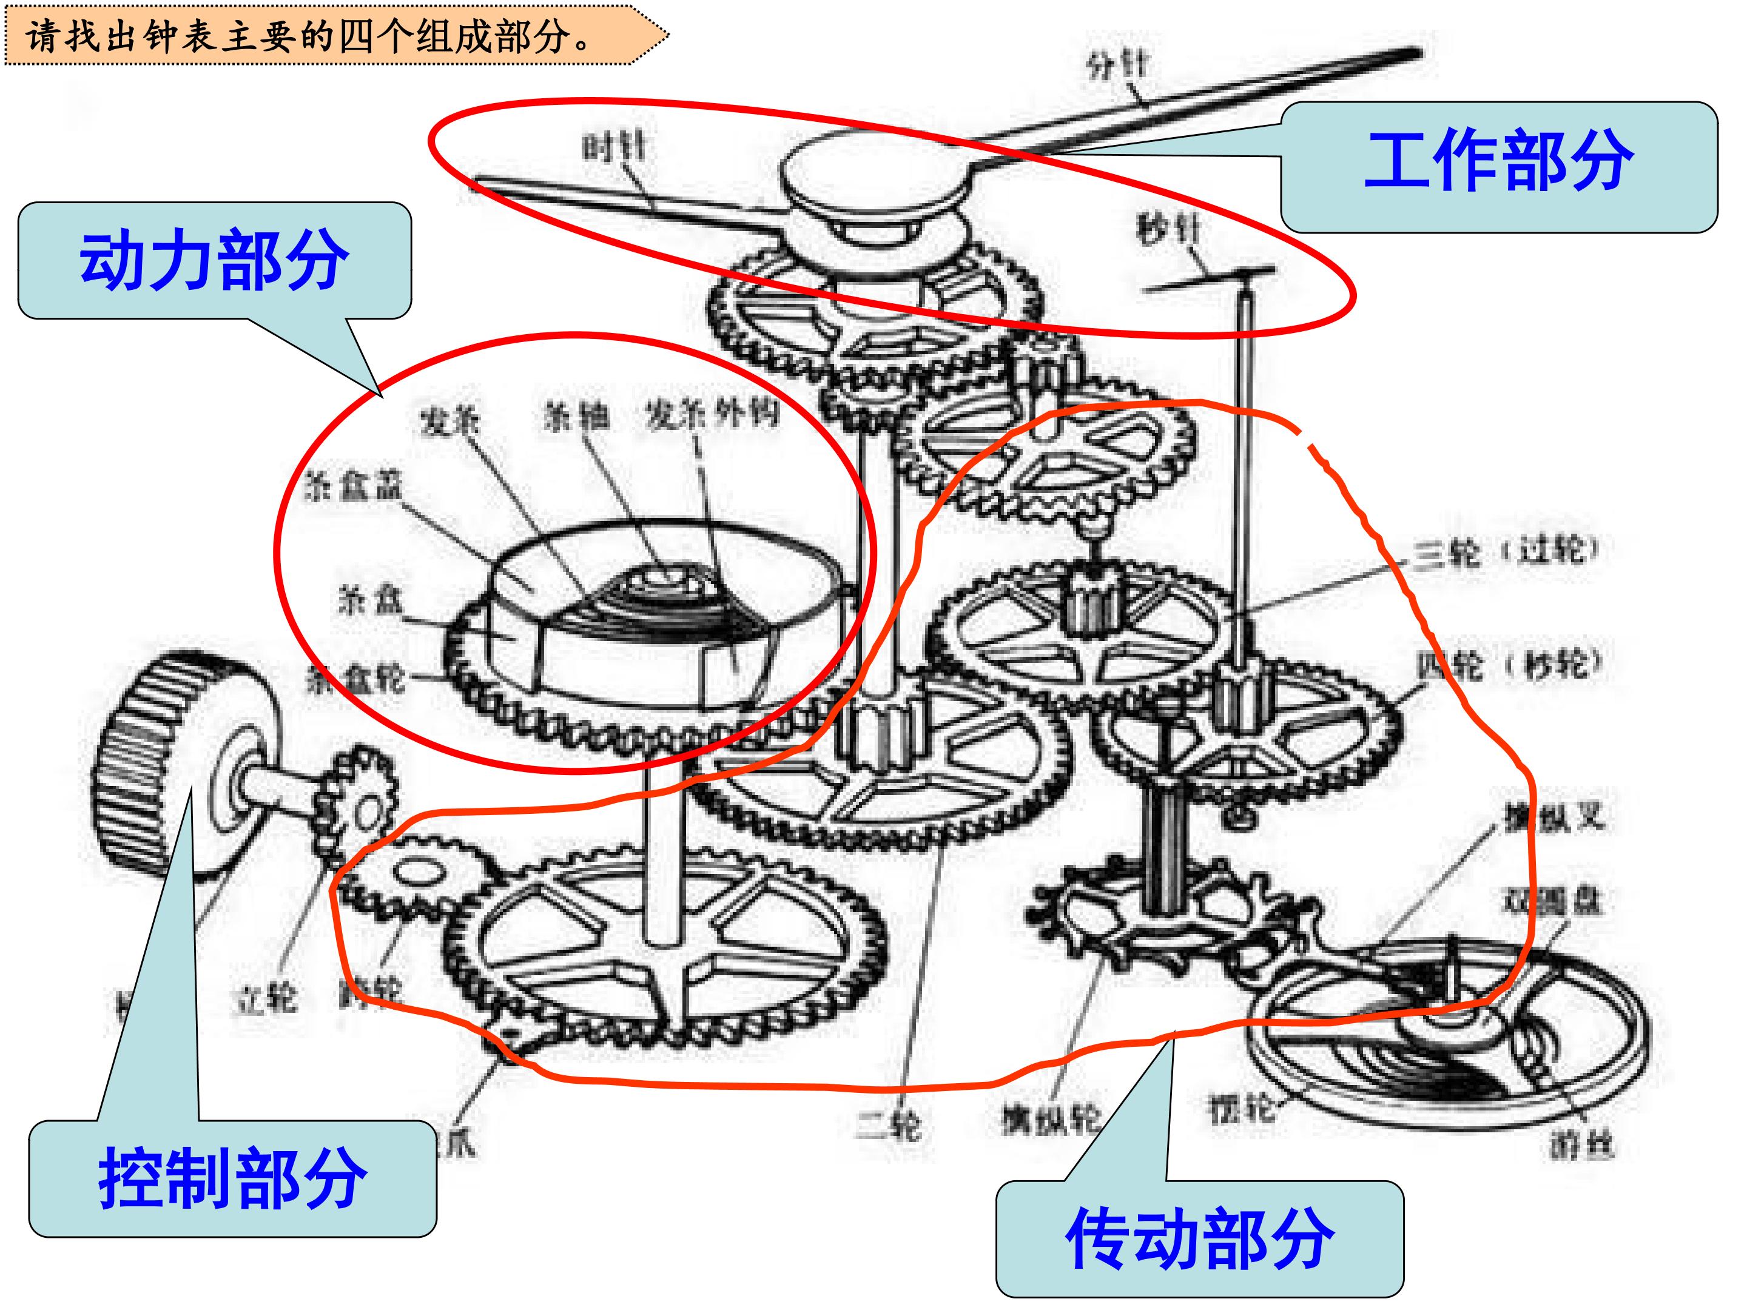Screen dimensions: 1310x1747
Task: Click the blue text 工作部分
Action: [x=1498, y=162]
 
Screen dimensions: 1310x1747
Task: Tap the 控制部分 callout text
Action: [x=232, y=1178]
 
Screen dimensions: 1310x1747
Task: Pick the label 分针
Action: [x=1117, y=65]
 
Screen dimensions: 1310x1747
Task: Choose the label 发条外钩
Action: [x=712, y=414]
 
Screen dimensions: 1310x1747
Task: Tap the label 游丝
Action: [x=1580, y=1146]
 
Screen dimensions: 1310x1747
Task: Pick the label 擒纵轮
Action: [x=1051, y=1119]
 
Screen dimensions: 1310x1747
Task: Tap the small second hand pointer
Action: [x=1208, y=279]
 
